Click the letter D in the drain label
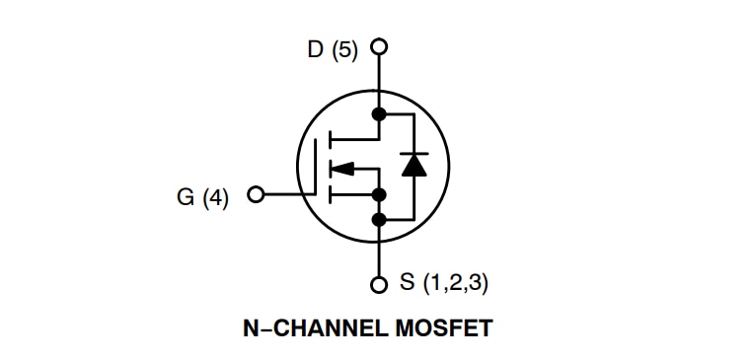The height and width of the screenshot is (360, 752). (x=316, y=49)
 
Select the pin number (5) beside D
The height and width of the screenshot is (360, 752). (x=344, y=49)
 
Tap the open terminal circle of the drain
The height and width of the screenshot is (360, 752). (x=379, y=45)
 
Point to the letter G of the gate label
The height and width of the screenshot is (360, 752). (x=186, y=197)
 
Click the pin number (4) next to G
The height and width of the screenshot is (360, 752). (x=215, y=197)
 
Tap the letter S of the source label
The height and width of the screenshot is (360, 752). (x=408, y=283)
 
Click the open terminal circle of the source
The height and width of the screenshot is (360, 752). (x=379, y=286)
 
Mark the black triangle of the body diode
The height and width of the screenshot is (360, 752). (x=414, y=166)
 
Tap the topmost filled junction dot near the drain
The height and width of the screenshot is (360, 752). (x=379, y=114)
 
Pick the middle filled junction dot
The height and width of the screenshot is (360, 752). (x=379, y=194)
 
